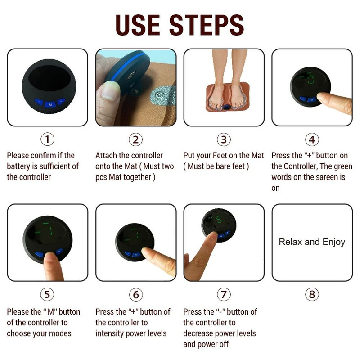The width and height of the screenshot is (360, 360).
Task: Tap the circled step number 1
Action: point(48,139)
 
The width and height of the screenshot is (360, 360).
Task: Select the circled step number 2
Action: point(135,139)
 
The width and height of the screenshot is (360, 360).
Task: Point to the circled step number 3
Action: point(224,139)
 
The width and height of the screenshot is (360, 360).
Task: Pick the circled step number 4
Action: point(312,139)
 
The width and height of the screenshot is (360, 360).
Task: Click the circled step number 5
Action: point(48,295)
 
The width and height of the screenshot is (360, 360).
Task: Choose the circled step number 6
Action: point(135,295)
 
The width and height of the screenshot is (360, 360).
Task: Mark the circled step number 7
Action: point(224,295)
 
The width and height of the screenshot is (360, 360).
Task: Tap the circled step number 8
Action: point(312,295)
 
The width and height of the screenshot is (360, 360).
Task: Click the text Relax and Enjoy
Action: point(312,242)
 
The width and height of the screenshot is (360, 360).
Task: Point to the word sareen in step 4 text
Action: point(331,177)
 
